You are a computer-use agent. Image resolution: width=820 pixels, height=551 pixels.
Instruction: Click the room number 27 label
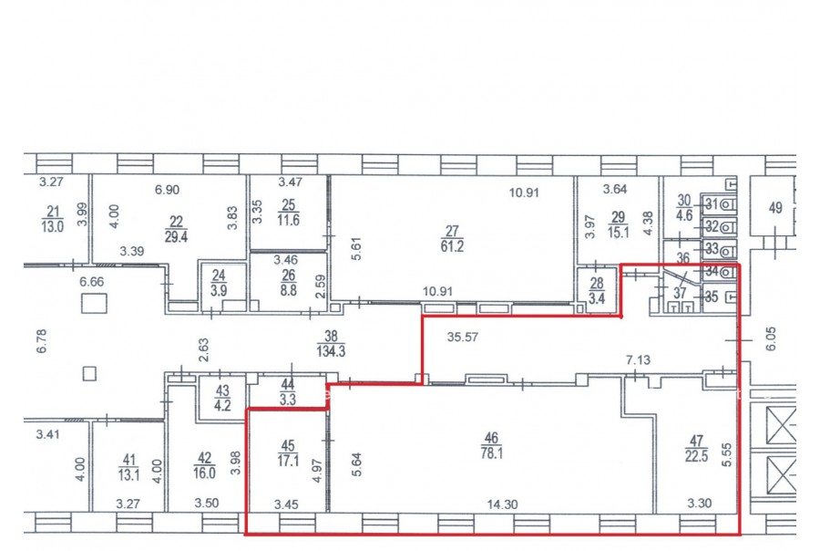pos(452,231)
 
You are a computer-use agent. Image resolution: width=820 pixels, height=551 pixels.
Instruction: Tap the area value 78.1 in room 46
pos(492,453)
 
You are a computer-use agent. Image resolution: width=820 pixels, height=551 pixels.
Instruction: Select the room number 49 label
pos(775,208)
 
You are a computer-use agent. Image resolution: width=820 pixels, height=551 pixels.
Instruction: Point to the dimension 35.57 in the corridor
pos(462,337)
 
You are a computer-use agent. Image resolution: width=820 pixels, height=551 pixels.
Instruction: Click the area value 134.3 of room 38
pos(331,351)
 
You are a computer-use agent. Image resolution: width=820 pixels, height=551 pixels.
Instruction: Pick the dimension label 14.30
pos(502,504)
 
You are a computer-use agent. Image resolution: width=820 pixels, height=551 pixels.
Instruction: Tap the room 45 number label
pos(288,446)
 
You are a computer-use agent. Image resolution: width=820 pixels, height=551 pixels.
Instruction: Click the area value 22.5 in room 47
pos(697,456)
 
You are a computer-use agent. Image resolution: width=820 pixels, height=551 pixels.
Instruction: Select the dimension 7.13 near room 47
pos(638,359)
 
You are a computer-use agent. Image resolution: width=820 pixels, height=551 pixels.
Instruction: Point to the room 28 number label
pos(597,284)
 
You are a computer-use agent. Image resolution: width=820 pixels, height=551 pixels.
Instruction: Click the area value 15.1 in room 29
pos(618,232)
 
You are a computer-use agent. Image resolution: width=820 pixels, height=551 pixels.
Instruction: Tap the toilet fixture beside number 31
pos(728,204)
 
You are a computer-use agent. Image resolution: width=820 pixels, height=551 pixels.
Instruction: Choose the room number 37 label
pos(680,293)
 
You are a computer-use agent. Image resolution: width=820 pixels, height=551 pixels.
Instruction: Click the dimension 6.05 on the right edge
pos(771,338)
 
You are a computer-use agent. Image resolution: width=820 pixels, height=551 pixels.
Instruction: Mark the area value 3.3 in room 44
pos(288,400)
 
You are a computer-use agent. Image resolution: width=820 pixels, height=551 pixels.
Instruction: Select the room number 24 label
pos(219,276)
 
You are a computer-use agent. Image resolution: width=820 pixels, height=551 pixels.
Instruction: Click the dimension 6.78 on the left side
pos(42,341)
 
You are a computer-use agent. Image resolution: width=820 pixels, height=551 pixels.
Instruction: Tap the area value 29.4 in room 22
pos(176,236)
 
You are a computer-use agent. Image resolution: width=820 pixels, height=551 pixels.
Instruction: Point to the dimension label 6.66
pos(91,282)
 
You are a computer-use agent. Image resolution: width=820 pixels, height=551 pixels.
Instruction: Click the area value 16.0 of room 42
pos(204,473)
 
